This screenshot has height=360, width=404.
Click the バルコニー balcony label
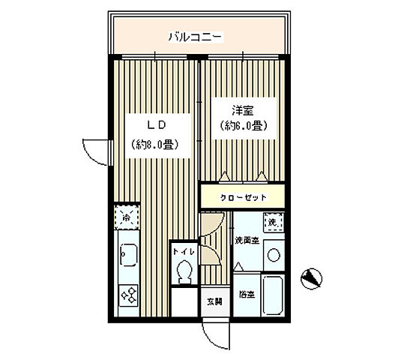click(193, 35)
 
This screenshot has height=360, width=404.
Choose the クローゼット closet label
click(241, 197)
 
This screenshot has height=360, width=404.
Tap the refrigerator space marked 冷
click(127, 219)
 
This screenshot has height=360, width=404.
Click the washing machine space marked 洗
click(274, 223)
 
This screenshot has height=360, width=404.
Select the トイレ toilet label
click(184, 253)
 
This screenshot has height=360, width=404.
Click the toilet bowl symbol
click(184, 271)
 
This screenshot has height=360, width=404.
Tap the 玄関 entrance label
click(214, 301)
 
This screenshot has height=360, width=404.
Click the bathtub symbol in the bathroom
click(273, 296)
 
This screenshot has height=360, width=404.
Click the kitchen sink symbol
click(127, 256)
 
